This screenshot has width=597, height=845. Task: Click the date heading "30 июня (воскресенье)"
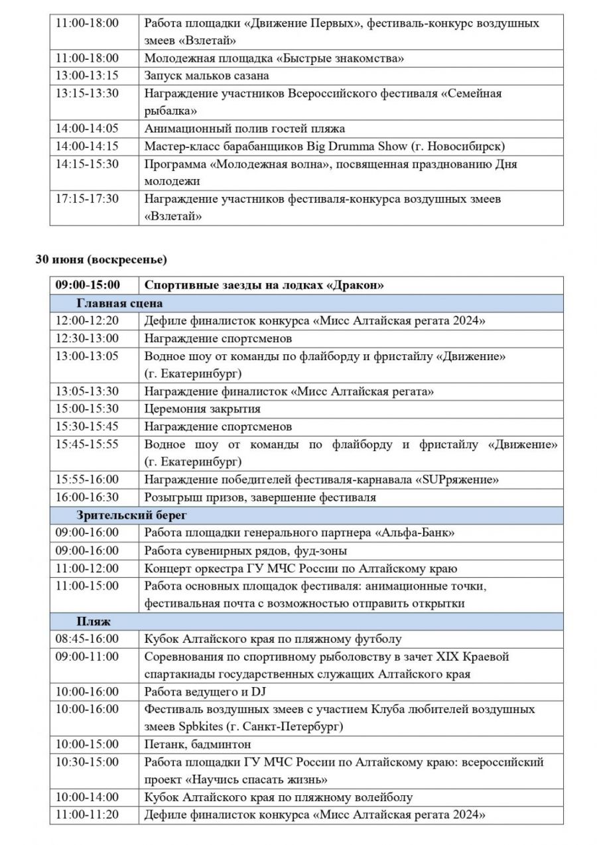[x=101, y=259]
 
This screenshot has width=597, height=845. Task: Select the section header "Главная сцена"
[x=119, y=303]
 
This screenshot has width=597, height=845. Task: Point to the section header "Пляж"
[x=93, y=621]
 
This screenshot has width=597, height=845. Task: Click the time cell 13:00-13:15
[x=87, y=76]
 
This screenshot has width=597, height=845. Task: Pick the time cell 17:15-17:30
[x=87, y=198]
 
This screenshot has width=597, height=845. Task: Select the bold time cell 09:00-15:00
[x=88, y=285]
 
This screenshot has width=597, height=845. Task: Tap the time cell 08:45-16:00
[x=87, y=639]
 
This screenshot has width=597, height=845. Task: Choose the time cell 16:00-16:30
[x=87, y=497]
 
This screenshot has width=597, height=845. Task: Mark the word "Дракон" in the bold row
[x=357, y=285]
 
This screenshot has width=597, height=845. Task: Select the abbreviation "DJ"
[x=257, y=692]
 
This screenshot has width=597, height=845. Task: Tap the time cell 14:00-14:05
[x=87, y=128]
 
